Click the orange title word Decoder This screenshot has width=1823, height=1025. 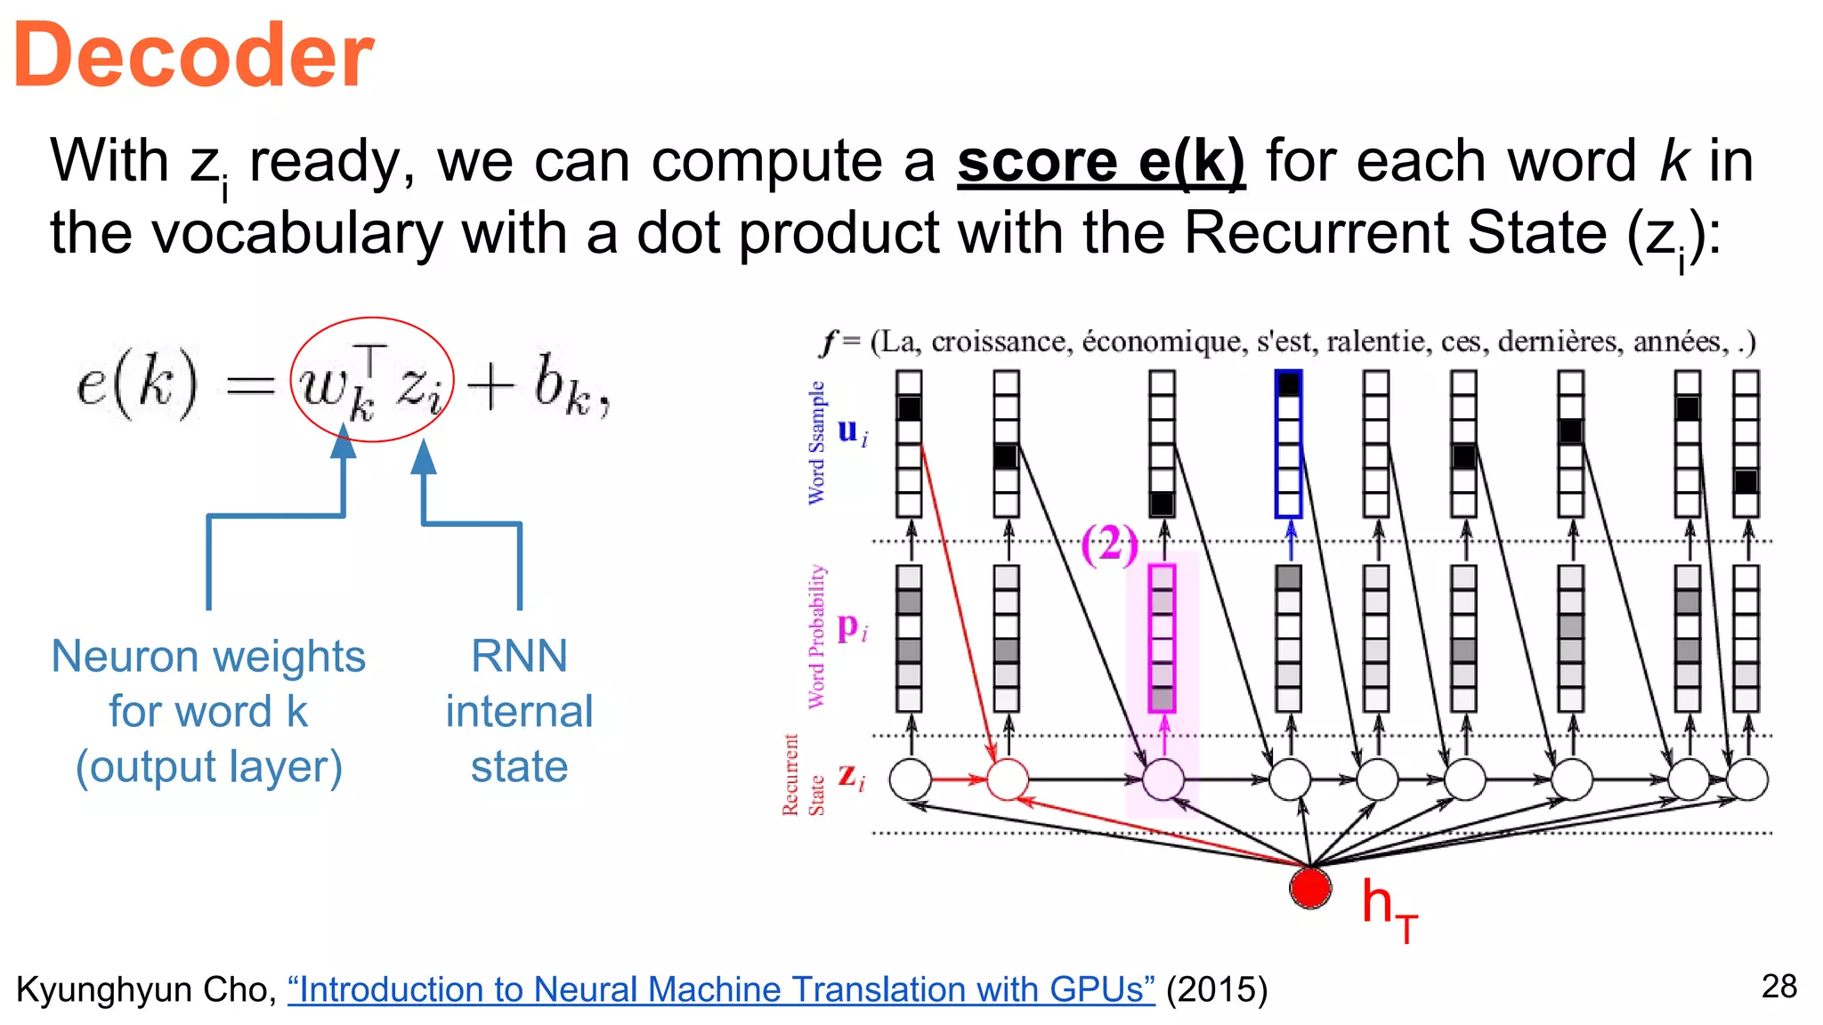click(x=193, y=57)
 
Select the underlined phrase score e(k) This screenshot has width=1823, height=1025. click(x=1100, y=162)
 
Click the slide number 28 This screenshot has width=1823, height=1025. click(x=1778, y=986)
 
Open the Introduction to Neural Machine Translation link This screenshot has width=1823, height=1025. click(x=720, y=989)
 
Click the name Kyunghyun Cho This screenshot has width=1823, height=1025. click(x=142, y=989)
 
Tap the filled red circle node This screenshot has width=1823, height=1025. click(x=1310, y=887)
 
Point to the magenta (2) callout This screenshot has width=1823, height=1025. click(x=1108, y=544)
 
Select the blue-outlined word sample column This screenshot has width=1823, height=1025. click(x=1288, y=444)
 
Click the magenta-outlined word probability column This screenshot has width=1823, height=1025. click(x=1162, y=638)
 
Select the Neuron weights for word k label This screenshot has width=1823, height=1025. click(x=208, y=711)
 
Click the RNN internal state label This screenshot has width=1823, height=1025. click(x=519, y=711)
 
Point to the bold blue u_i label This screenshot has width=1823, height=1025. click(x=851, y=432)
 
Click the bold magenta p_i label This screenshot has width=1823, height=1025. click(x=851, y=627)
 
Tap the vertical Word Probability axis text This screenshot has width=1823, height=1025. click(x=817, y=636)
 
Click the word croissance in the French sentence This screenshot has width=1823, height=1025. click(x=1000, y=342)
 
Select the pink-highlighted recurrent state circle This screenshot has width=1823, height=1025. click(x=1162, y=779)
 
